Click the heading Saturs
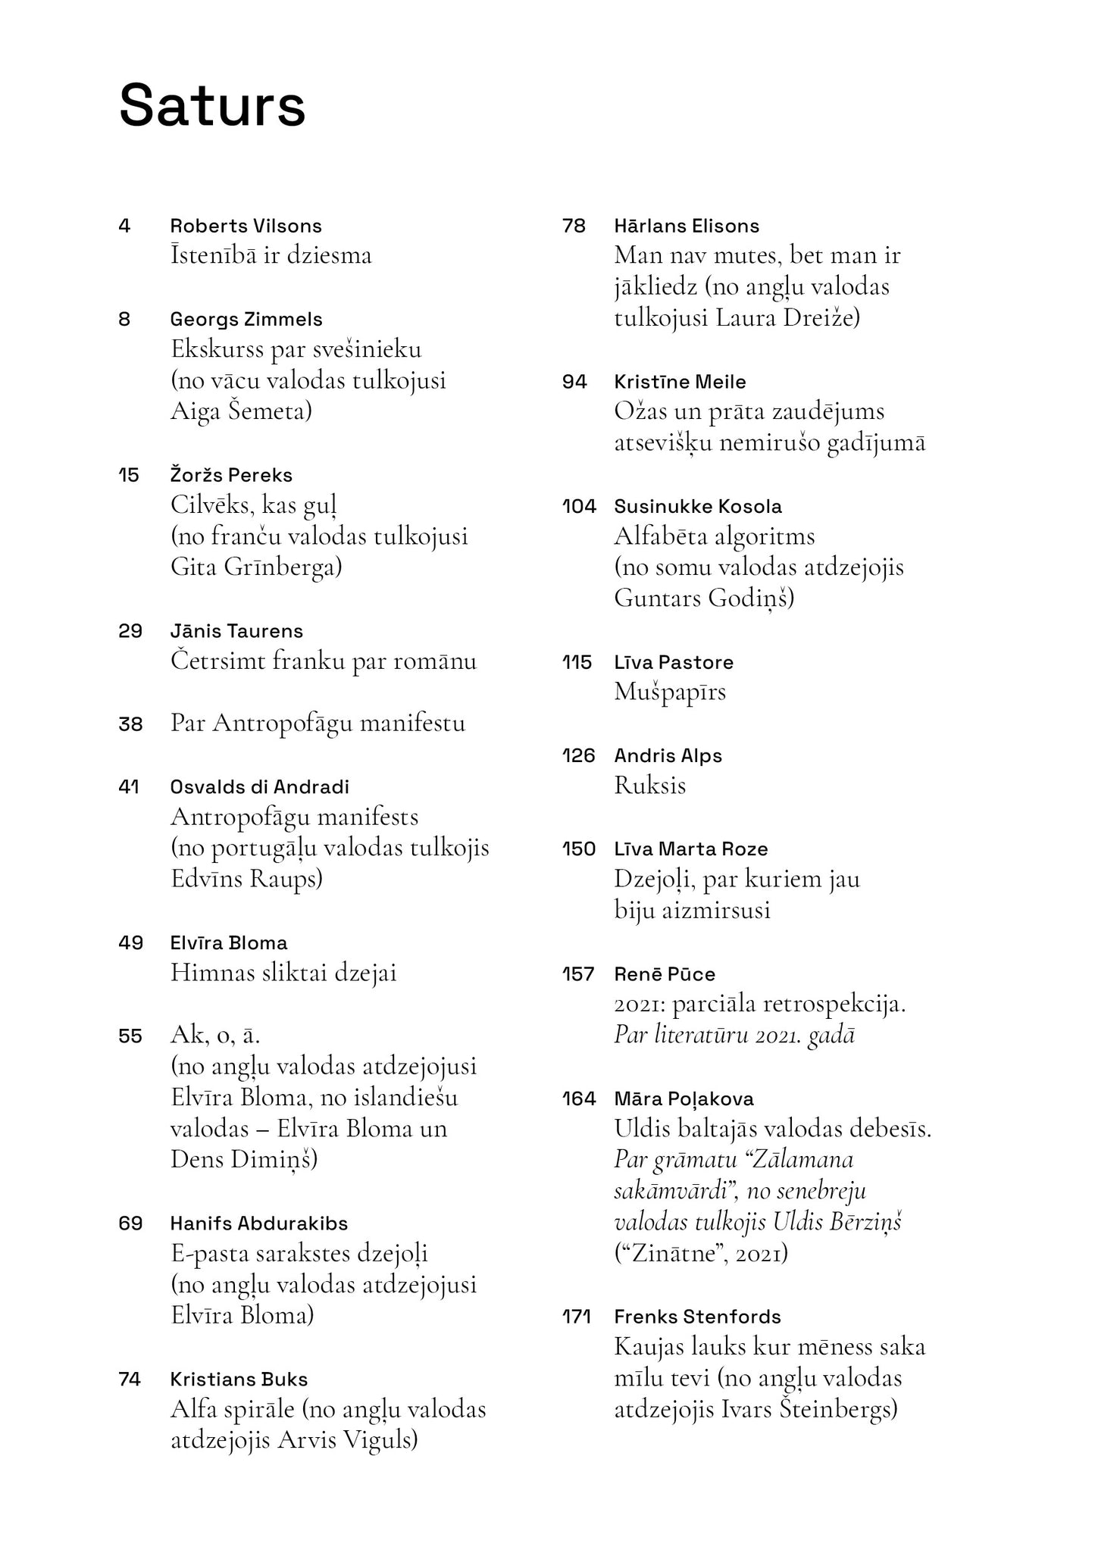coord(212,106)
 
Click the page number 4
coord(125,226)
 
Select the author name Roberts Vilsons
coord(246,226)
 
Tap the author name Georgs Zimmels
coord(246,320)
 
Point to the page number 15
coord(129,476)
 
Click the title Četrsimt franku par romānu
coord(324,661)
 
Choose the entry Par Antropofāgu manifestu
coord(318,723)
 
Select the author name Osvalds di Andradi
coord(259,787)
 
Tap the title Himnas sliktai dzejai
coord(283,973)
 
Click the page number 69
coord(130,1223)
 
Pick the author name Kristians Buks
coord(239,1380)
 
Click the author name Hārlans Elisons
coord(687,226)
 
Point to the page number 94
coord(574,382)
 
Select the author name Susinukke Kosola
coord(698,507)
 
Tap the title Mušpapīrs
coord(670,692)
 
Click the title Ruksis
coord(649,786)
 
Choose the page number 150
coord(578,849)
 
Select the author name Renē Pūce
coord(665,974)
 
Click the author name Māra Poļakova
coord(684,1099)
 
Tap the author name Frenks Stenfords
coord(697,1317)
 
